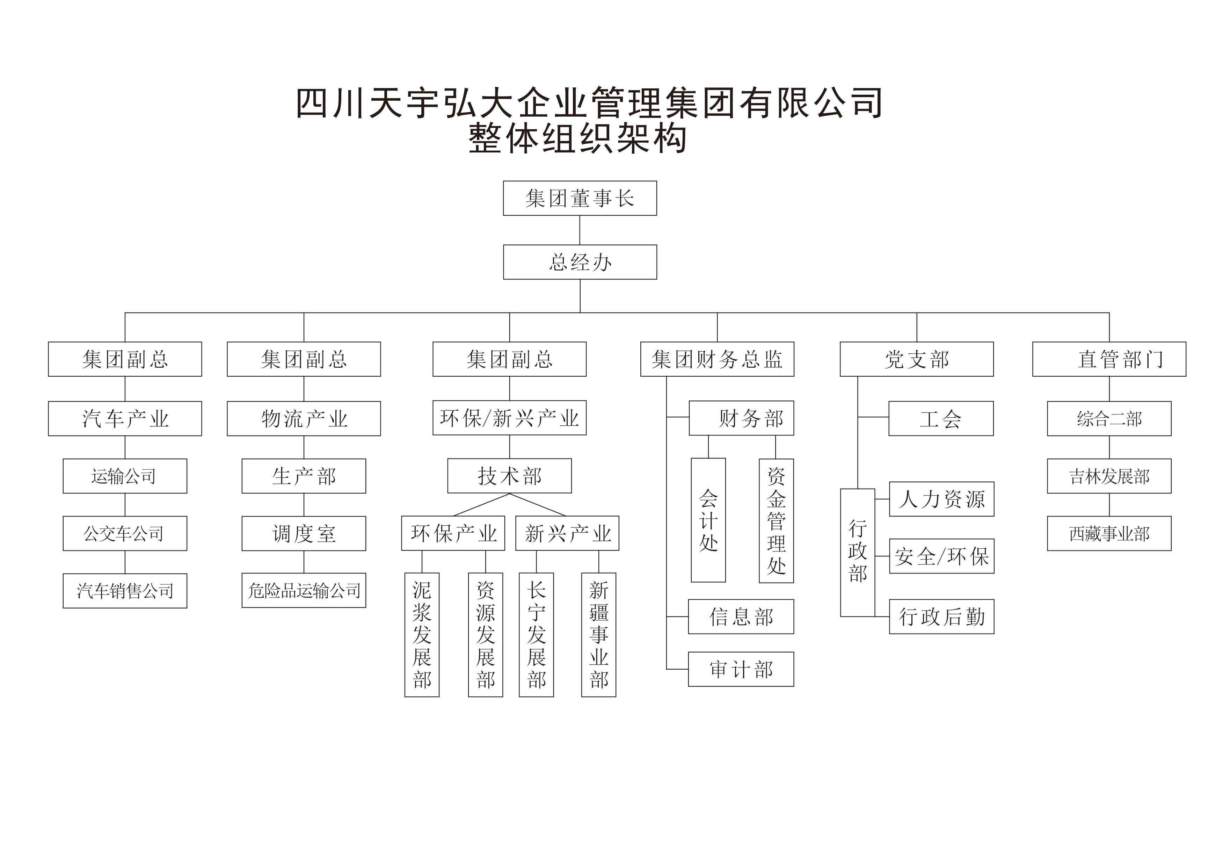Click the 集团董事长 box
580,198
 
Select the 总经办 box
580,262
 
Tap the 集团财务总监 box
717,359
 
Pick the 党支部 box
917,359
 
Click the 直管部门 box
1109,359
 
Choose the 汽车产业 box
125,418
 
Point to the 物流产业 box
304,418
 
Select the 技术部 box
509,476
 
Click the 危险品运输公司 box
304,591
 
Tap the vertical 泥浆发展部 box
422,635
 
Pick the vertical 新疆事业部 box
599,635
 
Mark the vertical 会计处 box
708,520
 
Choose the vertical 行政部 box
857,553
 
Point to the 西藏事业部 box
1109,534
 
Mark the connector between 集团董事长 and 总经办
580,230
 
